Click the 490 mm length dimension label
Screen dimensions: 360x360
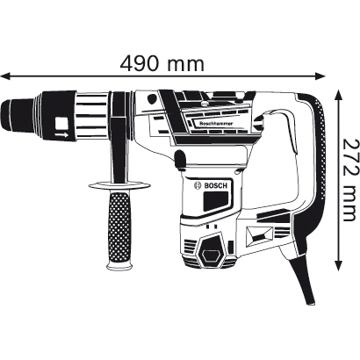(167, 63)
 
